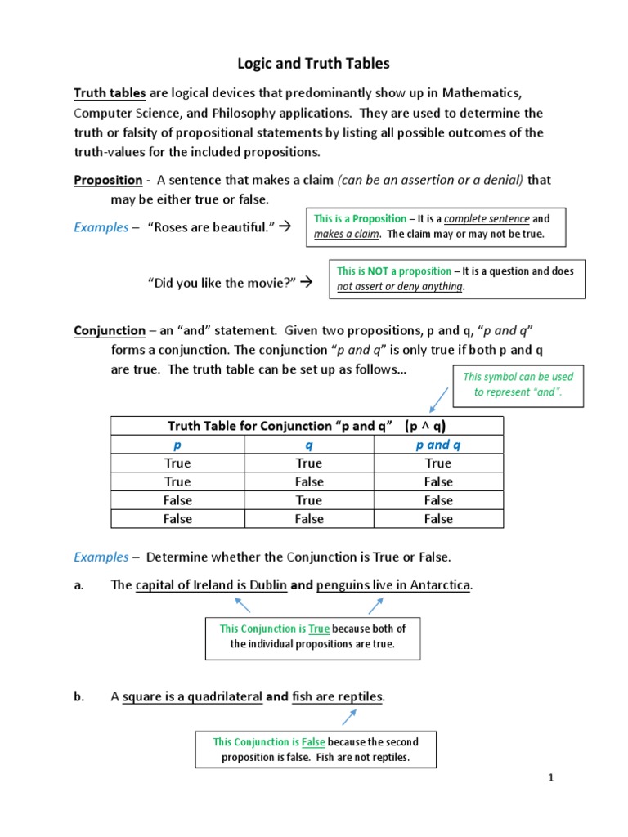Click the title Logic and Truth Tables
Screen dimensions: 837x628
point(313,64)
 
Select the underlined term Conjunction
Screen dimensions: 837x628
point(110,331)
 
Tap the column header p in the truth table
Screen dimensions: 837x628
point(177,445)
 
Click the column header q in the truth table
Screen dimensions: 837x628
point(309,445)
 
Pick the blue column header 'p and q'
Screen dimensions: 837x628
point(438,445)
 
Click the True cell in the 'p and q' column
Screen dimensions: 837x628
point(438,463)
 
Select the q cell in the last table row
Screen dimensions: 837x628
point(309,519)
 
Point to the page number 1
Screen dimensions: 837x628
point(551,778)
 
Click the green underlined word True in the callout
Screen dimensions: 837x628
point(319,629)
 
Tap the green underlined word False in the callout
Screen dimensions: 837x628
point(313,742)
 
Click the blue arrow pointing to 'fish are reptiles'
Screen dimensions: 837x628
point(349,716)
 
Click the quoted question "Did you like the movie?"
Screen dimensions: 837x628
point(222,283)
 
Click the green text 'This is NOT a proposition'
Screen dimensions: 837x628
point(394,271)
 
